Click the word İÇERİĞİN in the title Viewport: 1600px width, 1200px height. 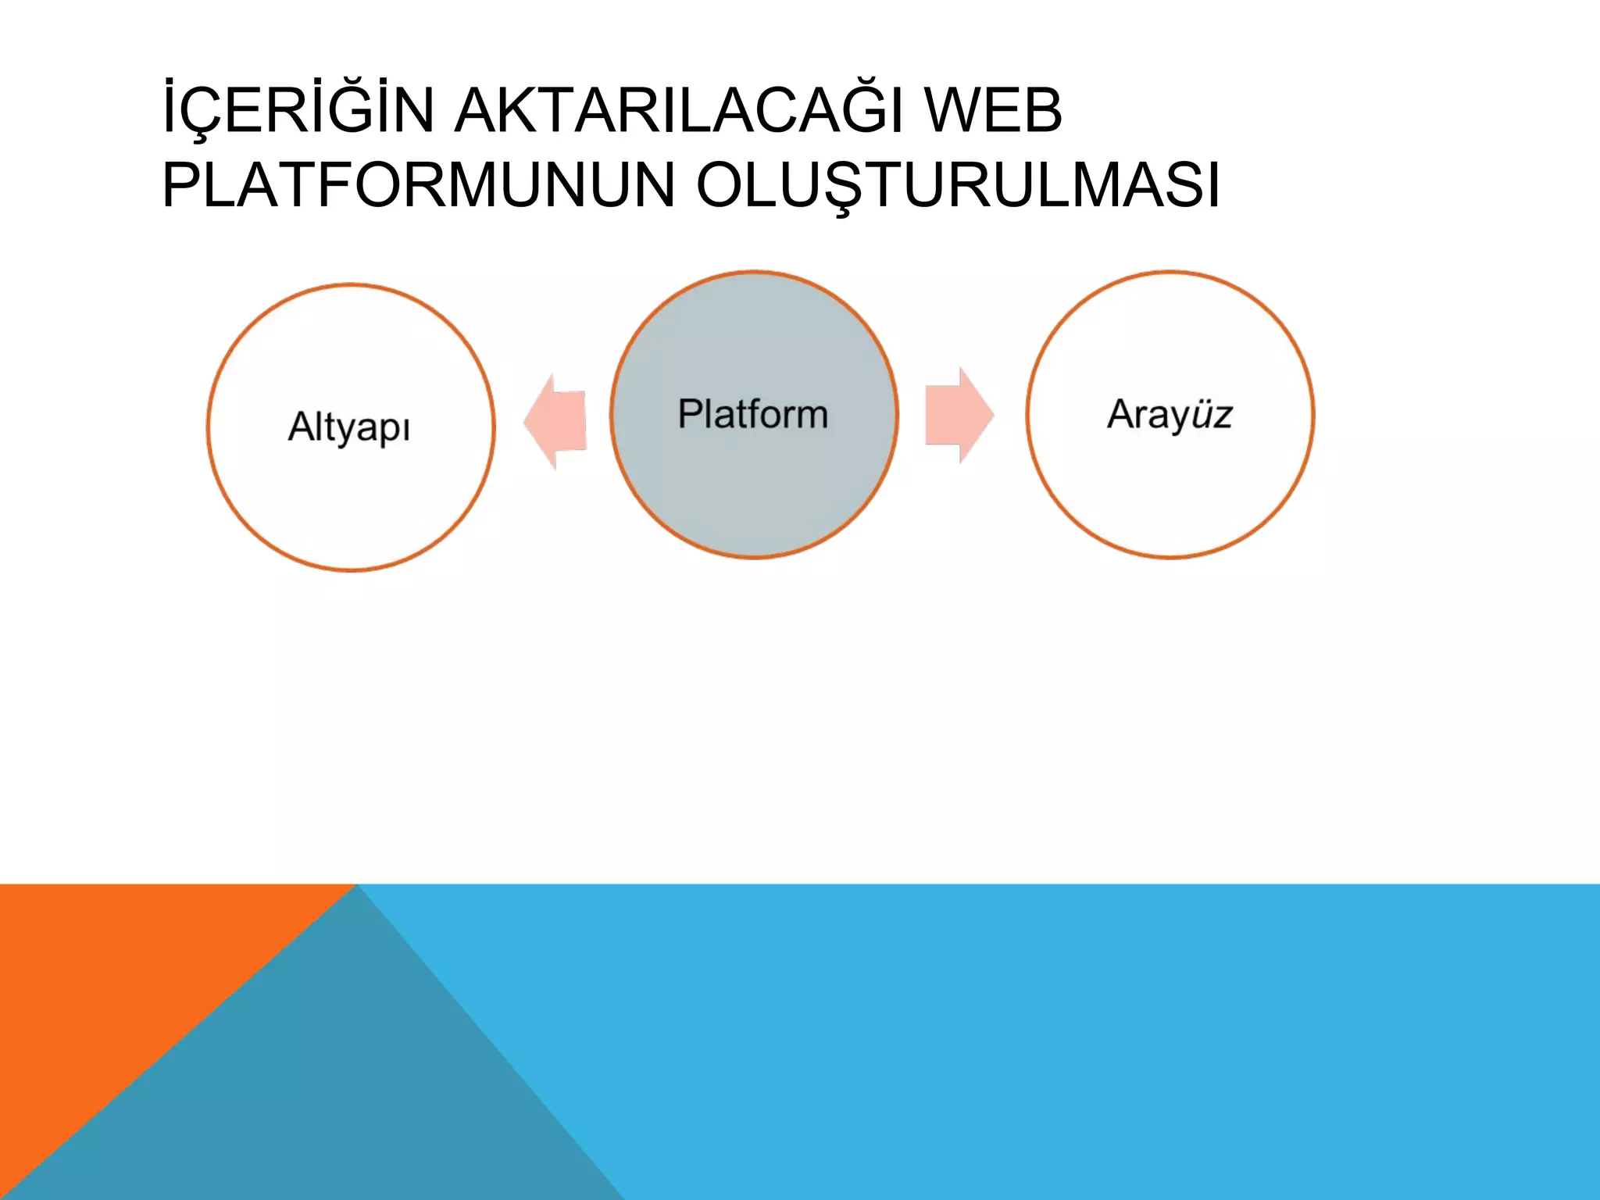[298, 111]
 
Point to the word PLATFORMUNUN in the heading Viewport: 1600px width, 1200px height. [419, 186]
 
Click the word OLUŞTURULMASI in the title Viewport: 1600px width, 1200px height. [957, 186]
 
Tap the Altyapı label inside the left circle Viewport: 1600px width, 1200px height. [349, 427]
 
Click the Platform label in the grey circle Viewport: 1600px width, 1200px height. [753, 414]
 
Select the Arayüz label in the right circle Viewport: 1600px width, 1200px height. [1170, 414]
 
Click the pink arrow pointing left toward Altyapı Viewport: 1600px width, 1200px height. [555, 421]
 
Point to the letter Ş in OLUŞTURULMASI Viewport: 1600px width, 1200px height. [853, 187]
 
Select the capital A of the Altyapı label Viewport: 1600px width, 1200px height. [301, 427]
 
